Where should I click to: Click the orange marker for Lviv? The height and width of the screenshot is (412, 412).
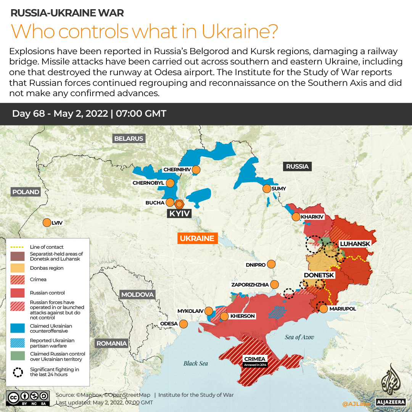[47, 222]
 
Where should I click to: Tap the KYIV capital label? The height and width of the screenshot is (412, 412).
[179, 213]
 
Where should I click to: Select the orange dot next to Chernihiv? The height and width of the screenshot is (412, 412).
[196, 169]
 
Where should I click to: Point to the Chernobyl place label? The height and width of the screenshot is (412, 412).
[148, 183]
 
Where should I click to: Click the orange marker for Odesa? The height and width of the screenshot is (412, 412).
[183, 324]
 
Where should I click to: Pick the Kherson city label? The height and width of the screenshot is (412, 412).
[243, 316]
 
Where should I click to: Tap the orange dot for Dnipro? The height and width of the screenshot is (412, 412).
[271, 264]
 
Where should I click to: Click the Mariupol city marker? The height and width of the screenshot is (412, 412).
[323, 309]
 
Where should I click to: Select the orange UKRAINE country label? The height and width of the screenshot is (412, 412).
[197, 238]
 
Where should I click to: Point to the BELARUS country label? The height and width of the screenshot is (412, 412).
[129, 138]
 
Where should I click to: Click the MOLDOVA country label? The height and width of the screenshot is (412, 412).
[137, 295]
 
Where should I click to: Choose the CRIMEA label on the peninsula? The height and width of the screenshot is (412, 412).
[255, 359]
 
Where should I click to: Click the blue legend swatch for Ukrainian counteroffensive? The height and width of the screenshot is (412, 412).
[18, 328]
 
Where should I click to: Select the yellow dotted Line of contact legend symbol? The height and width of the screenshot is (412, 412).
[18, 247]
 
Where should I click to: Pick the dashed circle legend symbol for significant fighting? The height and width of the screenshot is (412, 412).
[18, 372]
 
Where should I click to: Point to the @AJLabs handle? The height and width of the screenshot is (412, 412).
[356, 404]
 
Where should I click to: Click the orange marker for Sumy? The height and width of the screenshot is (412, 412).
[266, 188]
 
